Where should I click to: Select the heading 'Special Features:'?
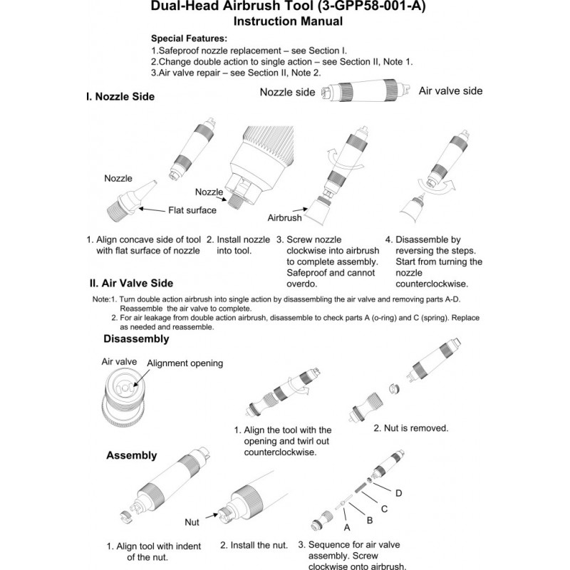pos(189,38)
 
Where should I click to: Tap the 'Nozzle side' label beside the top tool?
pos(287,92)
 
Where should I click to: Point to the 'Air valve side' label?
pos(450,91)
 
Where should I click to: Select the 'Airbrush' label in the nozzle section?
pos(285,218)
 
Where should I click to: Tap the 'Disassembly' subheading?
pos(136,339)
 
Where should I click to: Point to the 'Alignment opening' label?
pos(185,363)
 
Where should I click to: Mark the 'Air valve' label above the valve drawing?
pos(118,362)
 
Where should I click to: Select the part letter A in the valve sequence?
pos(348,528)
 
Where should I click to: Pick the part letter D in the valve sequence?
pos(398,493)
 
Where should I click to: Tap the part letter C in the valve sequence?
pos(384,508)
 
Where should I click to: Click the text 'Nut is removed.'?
pos(411,428)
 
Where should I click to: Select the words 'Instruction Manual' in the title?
pos(288,21)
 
